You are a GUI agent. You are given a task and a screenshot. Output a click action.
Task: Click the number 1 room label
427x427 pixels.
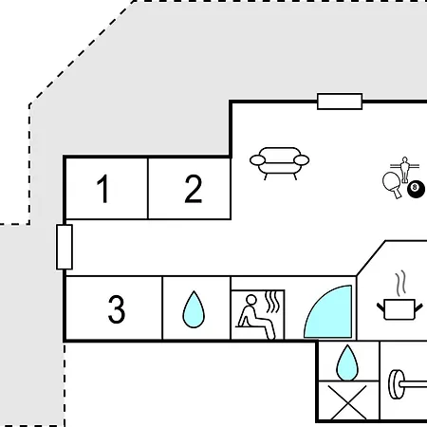click(x=103, y=189)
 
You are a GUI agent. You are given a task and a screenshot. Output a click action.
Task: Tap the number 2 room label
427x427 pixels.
click(x=194, y=189)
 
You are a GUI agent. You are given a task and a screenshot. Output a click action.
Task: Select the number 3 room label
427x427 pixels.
click(x=117, y=309)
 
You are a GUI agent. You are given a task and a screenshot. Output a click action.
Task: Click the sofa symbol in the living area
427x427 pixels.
click(x=280, y=163)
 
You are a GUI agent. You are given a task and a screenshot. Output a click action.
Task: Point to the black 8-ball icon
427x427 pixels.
click(x=416, y=189)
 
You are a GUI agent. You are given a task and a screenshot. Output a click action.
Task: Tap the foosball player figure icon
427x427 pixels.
click(x=404, y=169)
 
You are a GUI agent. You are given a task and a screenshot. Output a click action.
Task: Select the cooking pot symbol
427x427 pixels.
click(x=399, y=309)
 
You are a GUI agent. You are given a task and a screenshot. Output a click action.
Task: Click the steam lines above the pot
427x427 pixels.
click(x=400, y=283)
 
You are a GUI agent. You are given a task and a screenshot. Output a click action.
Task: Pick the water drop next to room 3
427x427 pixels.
click(x=194, y=309)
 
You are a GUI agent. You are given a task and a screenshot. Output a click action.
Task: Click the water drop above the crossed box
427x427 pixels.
click(x=347, y=362)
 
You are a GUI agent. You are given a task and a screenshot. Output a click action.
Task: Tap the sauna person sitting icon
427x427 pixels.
click(x=256, y=317)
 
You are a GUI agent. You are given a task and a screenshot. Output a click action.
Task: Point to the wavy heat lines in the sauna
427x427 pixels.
click(x=272, y=302)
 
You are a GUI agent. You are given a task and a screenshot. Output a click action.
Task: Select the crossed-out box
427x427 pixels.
click(x=348, y=401)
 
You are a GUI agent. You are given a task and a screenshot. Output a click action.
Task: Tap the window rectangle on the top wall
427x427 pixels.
click(x=340, y=102)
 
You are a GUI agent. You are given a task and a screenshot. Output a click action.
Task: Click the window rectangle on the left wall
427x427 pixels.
click(x=65, y=247)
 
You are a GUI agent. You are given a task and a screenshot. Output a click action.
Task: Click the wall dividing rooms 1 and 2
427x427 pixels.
click(x=148, y=189)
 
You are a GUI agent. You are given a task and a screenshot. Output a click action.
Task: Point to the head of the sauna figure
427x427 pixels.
click(x=251, y=300)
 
